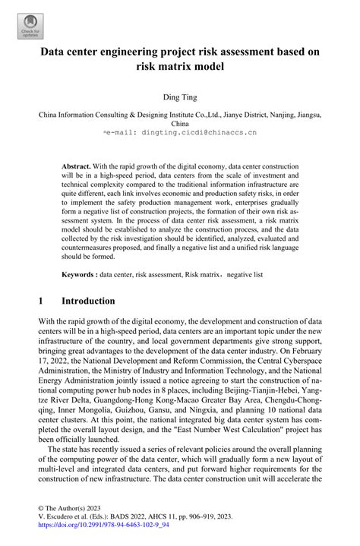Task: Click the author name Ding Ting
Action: tap(180, 97)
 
